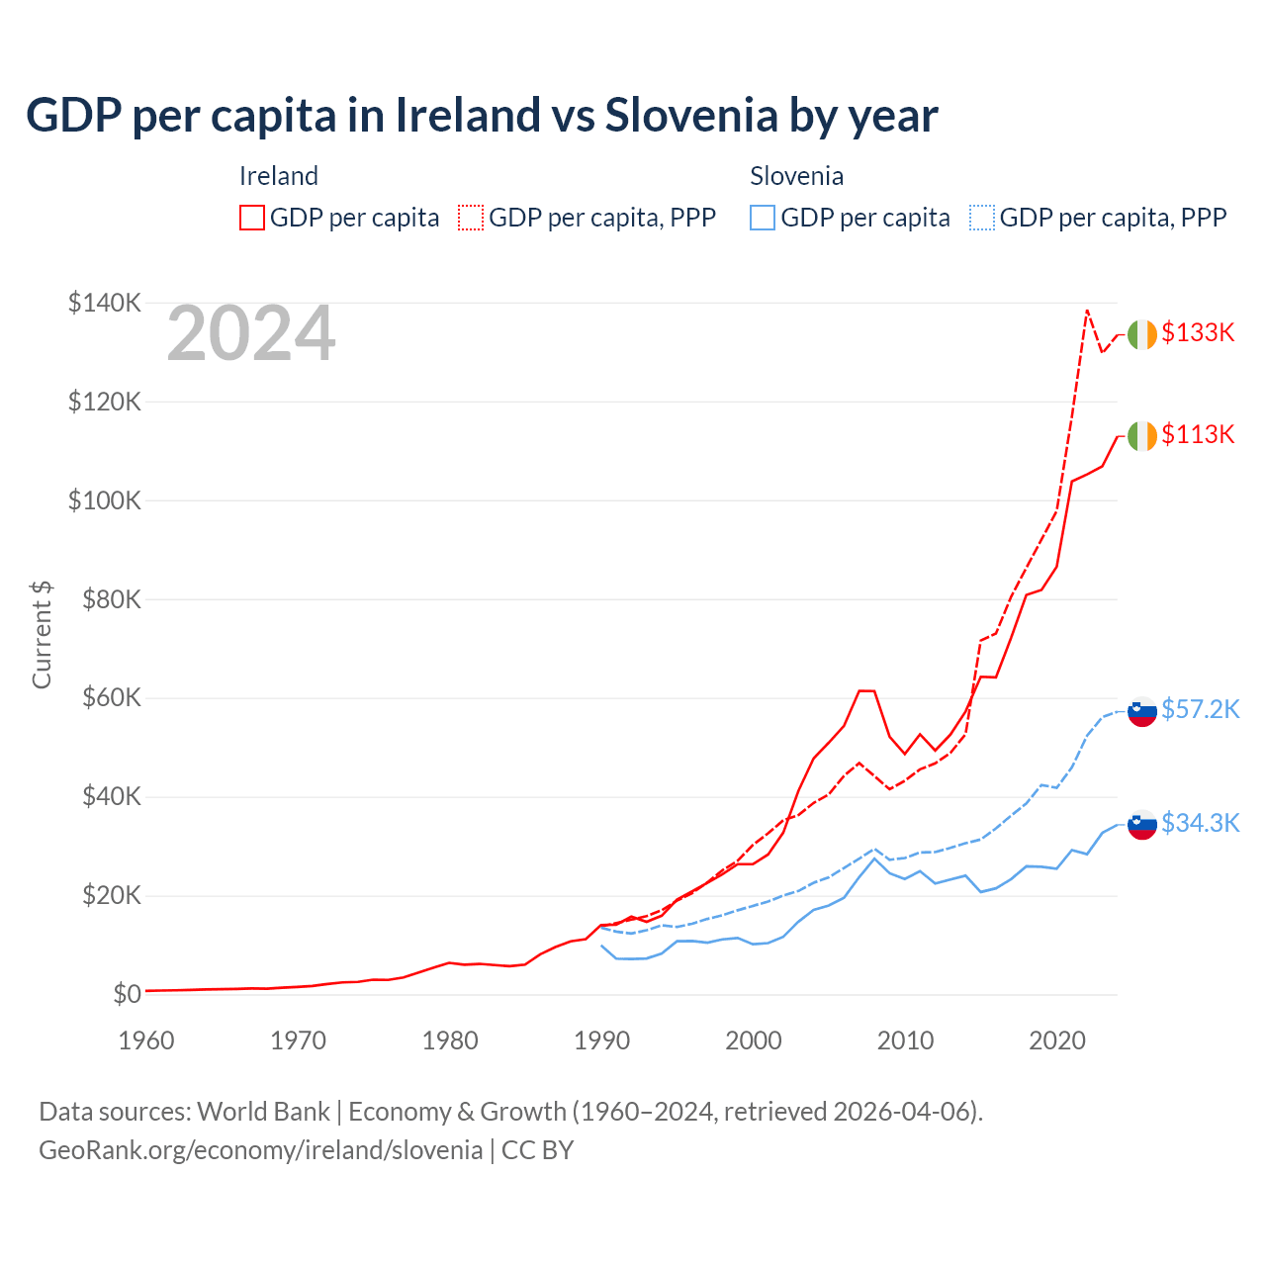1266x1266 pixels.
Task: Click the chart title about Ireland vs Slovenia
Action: point(482,116)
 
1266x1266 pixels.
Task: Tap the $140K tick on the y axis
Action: point(105,303)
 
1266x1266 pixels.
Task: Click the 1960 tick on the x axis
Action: point(146,1040)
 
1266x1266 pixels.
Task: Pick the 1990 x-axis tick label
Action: point(601,1040)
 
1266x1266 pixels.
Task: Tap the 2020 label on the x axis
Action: point(1057,1040)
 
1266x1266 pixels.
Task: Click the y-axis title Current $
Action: point(42,635)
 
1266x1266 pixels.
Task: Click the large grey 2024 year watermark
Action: point(251,333)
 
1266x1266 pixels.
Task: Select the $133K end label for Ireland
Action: point(1198,332)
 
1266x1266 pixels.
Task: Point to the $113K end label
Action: point(1198,434)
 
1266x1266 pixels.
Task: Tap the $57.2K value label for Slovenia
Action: point(1200,709)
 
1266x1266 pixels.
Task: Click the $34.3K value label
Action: point(1200,823)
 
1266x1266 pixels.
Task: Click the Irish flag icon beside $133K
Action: point(1141,335)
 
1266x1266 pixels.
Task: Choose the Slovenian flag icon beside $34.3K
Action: point(1141,824)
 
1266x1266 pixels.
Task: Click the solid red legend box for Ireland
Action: point(252,218)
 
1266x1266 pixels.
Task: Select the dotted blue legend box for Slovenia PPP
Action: point(982,218)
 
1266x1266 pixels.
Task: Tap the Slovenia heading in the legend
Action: point(796,176)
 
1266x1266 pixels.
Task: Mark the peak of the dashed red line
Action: point(1087,311)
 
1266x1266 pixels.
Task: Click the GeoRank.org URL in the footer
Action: point(260,1150)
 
